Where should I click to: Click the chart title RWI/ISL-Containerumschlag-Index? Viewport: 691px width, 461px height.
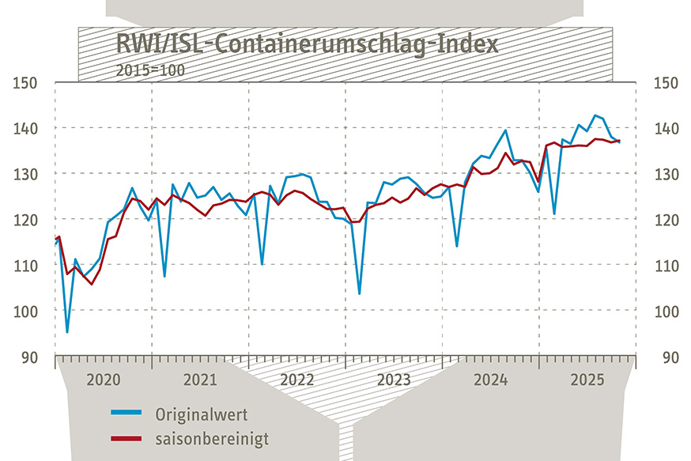308,43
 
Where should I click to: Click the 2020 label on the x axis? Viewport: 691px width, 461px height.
103,380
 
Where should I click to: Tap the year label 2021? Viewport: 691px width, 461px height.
200,380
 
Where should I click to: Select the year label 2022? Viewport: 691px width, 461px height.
297,380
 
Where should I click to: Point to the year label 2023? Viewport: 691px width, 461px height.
394,380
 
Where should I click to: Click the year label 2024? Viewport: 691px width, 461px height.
491,380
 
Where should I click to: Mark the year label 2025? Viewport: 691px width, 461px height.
587,380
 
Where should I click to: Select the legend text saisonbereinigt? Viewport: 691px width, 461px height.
212,438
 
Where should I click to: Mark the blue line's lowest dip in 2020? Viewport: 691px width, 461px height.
67,332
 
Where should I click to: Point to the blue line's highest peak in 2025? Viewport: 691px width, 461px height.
595,115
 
